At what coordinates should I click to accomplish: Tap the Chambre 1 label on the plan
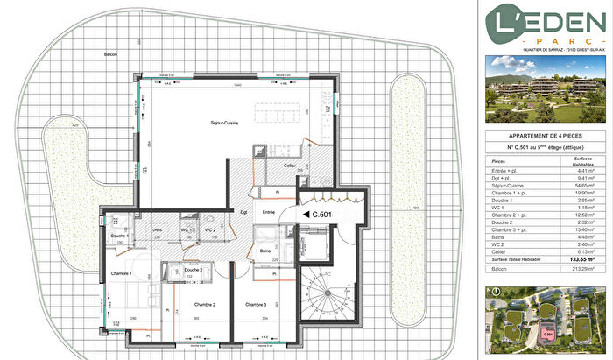pyautogui.click(x=119, y=272)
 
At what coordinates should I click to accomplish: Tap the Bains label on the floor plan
pyautogui.click(x=265, y=251)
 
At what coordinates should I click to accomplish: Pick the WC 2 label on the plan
pyautogui.click(x=210, y=229)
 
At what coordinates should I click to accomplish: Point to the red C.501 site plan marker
pyautogui.click(x=548, y=333)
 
